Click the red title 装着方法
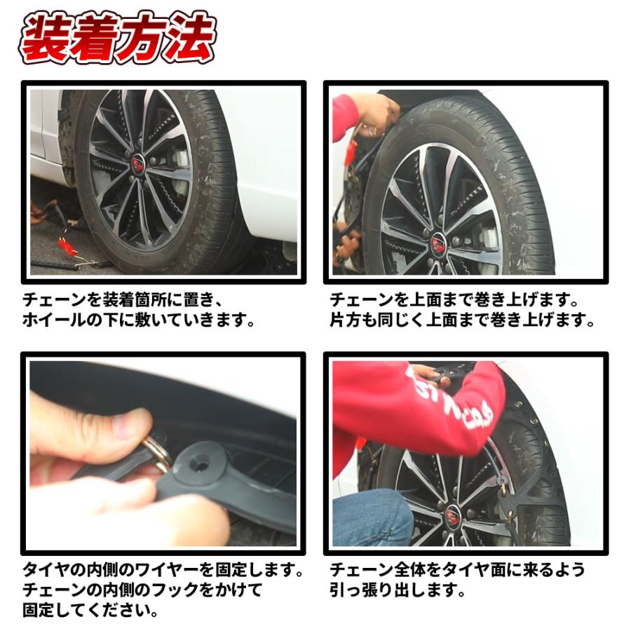point(118,39)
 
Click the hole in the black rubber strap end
point(200,466)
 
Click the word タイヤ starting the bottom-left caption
point(46,570)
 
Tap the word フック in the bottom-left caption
point(156,590)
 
